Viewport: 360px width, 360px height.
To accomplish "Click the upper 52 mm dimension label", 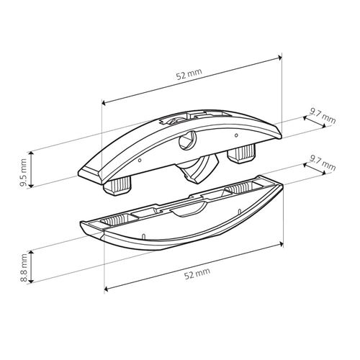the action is click(x=189, y=74).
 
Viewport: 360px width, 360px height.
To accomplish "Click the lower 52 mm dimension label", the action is click(x=197, y=273).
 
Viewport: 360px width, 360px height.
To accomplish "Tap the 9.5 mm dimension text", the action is click(x=24, y=172).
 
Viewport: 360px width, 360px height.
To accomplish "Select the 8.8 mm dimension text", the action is click(x=24, y=268).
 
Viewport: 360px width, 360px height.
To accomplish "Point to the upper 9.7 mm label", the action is click(x=323, y=116).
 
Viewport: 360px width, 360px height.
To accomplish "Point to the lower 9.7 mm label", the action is click(x=323, y=163).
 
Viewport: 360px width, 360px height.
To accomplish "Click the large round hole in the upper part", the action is click(x=187, y=143).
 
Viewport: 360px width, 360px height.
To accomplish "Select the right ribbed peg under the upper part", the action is click(x=242, y=155).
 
